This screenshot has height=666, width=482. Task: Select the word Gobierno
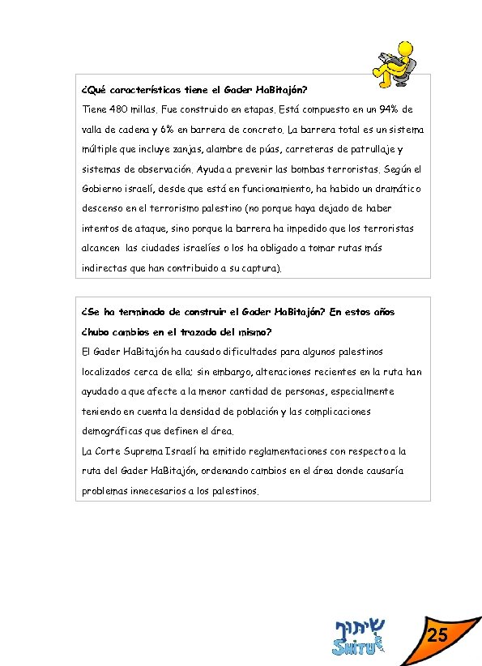point(102,189)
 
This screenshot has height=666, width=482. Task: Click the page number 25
point(437,635)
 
